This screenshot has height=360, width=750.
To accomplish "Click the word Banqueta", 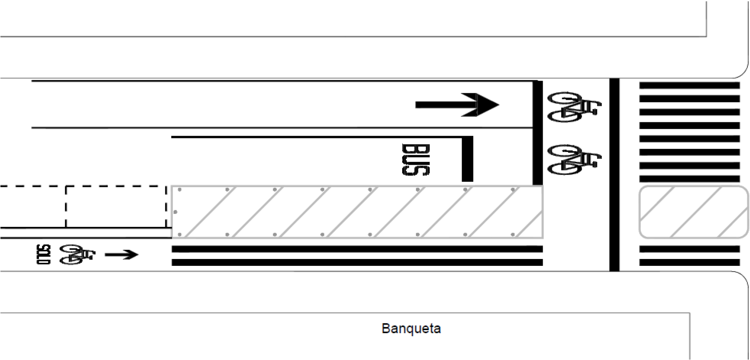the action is click(411, 328).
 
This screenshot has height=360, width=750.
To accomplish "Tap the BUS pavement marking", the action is click(416, 160).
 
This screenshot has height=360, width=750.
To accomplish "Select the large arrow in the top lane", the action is click(457, 105).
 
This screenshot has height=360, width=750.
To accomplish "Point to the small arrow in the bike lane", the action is click(121, 255).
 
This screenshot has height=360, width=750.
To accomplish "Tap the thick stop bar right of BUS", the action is click(467, 159).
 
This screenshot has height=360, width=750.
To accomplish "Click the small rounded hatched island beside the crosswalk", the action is click(693, 212).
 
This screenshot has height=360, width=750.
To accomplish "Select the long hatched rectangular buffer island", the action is click(357, 212).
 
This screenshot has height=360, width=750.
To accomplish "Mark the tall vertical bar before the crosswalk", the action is click(614, 175).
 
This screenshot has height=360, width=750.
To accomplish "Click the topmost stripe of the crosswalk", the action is click(689, 85).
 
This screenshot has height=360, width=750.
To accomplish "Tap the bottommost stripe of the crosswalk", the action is click(689, 262).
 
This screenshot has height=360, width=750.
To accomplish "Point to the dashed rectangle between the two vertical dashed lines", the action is click(116, 207).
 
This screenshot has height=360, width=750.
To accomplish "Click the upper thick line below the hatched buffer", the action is click(357, 249).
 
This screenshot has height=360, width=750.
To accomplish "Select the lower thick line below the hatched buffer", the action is click(357, 262).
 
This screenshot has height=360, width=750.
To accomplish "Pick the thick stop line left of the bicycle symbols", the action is click(538, 133).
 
